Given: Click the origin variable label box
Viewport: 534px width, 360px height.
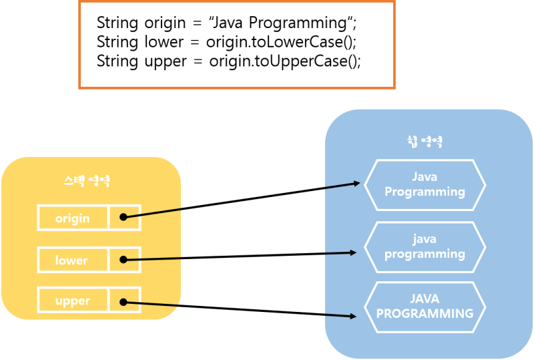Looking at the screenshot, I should tap(73, 218).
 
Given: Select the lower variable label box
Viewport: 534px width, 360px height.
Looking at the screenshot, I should tap(72, 260).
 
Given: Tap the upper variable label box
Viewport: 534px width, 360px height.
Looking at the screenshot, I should tap(73, 301).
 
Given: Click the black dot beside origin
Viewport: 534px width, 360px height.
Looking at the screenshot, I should tap(123, 218).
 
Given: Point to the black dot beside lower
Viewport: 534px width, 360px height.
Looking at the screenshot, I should tap(123, 260).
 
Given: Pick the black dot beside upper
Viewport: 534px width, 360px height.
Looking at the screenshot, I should tap(123, 301).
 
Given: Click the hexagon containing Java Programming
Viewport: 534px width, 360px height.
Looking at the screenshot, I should tap(425, 184).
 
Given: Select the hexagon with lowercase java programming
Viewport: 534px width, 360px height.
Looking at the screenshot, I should tap(425, 246).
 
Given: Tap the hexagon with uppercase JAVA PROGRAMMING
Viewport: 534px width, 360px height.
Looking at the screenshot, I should tap(425, 307).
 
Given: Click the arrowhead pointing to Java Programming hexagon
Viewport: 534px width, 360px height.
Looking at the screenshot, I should tap(358, 183).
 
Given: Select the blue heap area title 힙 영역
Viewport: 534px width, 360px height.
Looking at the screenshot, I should tap(425, 142).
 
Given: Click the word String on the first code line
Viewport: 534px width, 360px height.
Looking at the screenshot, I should tap(117, 23).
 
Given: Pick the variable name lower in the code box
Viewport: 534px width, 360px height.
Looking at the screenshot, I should tap(164, 42).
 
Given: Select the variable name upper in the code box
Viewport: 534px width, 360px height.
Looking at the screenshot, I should tap(166, 61).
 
